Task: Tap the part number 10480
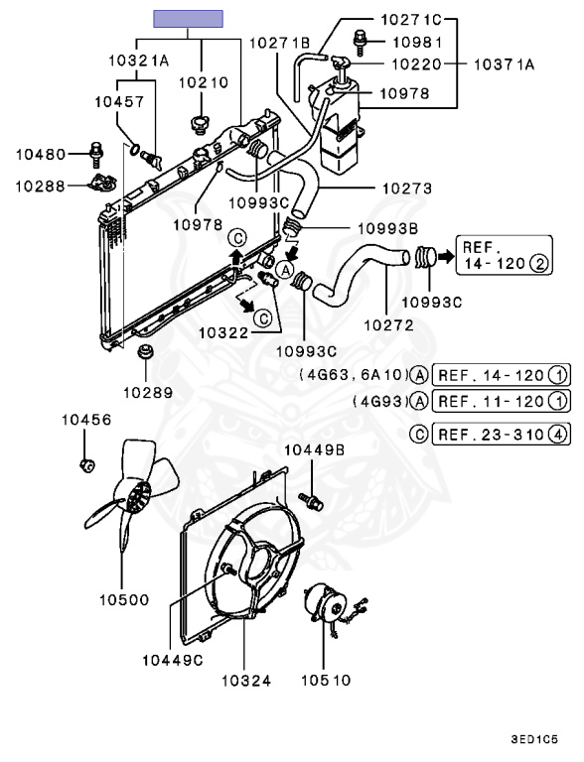point(40,154)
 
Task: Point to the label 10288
point(40,185)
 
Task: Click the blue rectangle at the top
point(188,17)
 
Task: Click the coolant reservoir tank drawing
point(339,124)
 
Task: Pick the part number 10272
point(387,323)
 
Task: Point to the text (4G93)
point(379,402)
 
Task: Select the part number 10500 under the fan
point(124,600)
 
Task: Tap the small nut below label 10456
point(85,464)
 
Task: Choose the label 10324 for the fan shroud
point(244,682)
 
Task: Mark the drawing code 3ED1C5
point(534,739)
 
